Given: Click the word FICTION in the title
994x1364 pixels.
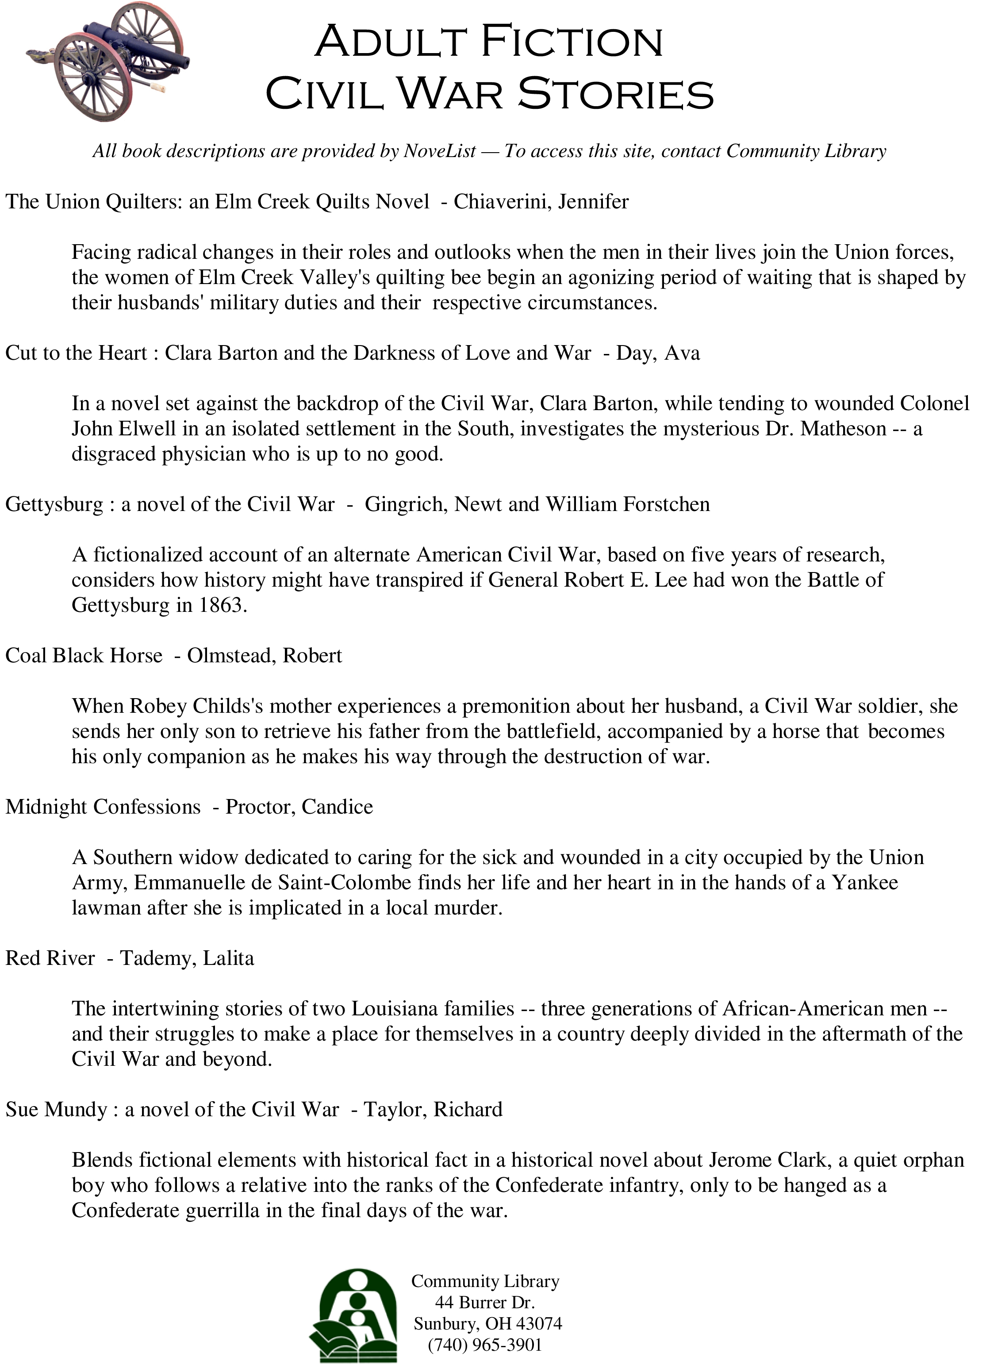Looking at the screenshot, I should pyautogui.click(x=572, y=42).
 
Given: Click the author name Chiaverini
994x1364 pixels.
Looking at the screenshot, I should pyautogui.click(x=503, y=202).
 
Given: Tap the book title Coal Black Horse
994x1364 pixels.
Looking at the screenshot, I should pyautogui.click(x=84, y=656).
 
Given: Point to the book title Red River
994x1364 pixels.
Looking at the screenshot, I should pyautogui.click(x=50, y=958).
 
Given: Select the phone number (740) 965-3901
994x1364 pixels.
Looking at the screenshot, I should pyautogui.click(x=485, y=1345).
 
